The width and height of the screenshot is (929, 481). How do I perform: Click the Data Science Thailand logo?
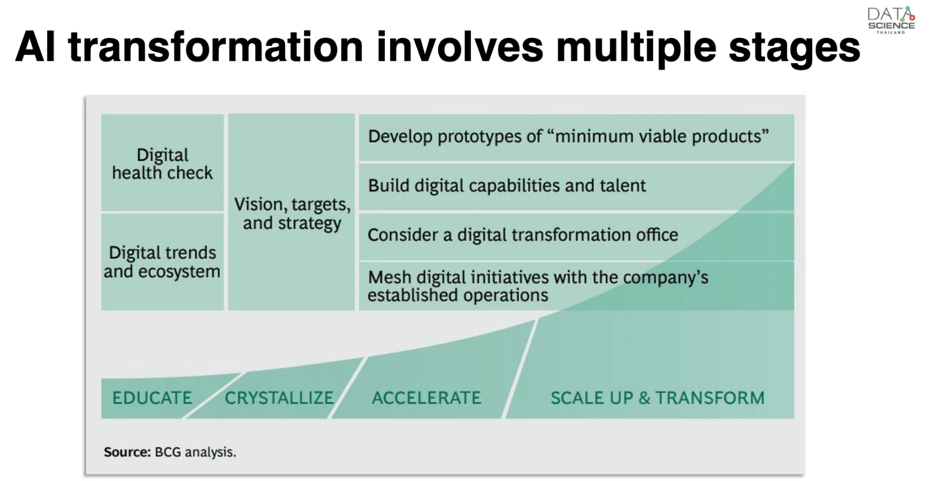(891, 20)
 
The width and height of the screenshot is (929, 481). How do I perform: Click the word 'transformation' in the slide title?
(216, 47)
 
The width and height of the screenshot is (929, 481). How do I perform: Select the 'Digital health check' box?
(162, 163)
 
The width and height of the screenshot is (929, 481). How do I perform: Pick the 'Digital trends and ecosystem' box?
(162, 262)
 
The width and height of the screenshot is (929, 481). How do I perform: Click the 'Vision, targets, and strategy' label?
(292, 214)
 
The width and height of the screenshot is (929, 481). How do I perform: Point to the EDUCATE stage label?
(152, 398)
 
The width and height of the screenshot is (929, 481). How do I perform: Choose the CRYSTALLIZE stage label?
(279, 398)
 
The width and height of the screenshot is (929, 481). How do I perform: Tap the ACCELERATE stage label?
(427, 398)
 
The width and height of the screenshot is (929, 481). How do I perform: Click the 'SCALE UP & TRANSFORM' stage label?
(657, 398)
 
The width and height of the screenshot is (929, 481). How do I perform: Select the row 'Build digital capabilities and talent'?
(576, 186)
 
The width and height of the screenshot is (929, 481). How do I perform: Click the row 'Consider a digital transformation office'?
(576, 236)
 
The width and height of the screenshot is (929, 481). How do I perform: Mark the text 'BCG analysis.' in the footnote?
(195, 452)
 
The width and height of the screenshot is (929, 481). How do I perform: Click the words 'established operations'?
(457, 296)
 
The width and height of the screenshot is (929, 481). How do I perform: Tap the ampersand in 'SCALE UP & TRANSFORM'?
(644, 398)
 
